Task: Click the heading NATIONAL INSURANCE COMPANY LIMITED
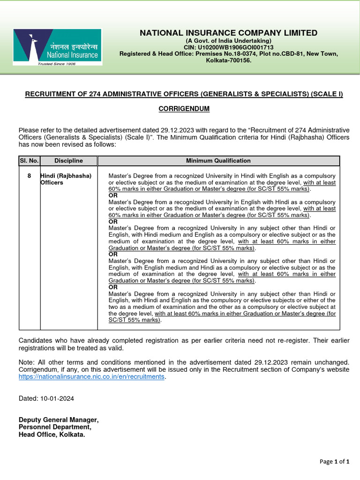[228, 33]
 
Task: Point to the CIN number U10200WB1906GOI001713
[229, 47]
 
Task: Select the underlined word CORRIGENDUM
[184, 109]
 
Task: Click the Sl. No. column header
[29, 161]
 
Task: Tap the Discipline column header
[68, 161]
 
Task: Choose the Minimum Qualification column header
[218, 161]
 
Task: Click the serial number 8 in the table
[29, 176]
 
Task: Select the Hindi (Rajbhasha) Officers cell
[66, 179]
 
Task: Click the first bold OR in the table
[113, 195]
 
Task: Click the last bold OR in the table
[113, 287]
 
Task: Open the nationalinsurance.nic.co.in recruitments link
[91, 376]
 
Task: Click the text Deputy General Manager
[58, 420]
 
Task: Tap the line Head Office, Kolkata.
[52, 435]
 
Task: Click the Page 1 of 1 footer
[334, 462]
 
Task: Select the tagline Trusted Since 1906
[57, 63]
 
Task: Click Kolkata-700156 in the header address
[229, 60]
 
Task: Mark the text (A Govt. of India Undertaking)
[229, 41]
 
